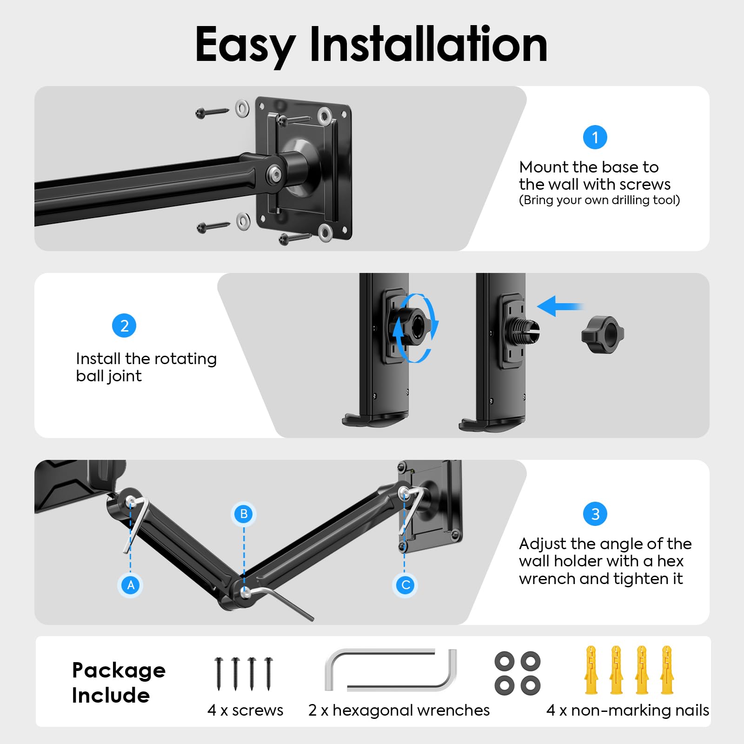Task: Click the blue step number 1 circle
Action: [x=595, y=137]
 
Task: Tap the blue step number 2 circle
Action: [x=124, y=325]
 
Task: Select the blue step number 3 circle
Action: [x=595, y=514]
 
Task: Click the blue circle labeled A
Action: [x=131, y=585]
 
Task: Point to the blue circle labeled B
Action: [x=244, y=514]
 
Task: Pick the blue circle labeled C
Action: [x=405, y=585]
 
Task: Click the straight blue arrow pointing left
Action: [x=560, y=306]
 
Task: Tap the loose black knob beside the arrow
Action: [x=603, y=334]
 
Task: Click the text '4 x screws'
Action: [x=245, y=710]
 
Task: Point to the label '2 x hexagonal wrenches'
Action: [x=399, y=711]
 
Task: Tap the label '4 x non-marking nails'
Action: [x=628, y=710]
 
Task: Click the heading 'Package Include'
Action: [x=119, y=683]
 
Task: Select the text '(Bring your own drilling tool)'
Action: [x=599, y=200]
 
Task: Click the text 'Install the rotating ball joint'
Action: [x=146, y=367]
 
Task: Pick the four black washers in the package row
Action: [x=518, y=673]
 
